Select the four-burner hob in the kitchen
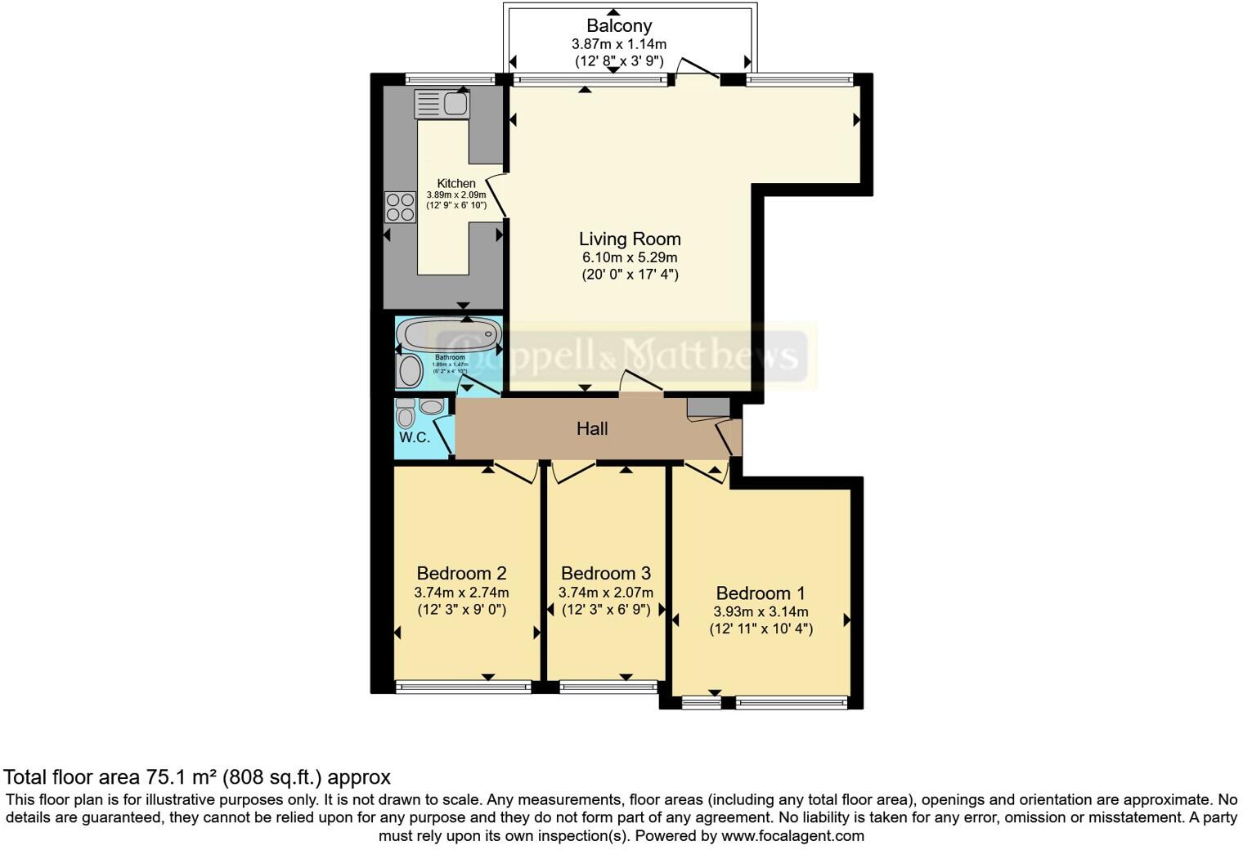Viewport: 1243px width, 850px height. pyautogui.click(x=400, y=207)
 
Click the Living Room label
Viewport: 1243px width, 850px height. pyautogui.click(x=630, y=239)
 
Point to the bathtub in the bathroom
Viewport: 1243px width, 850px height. pyautogui.click(x=449, y=334)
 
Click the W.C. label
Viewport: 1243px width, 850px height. pyautogui.click(x=415, y=437)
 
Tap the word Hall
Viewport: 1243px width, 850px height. pyautogui.click(x=592, y=428)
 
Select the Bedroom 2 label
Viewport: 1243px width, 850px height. pyautogui.click(x=461, y=573)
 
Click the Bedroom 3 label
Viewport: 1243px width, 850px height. pyautogui.click(x=606, y=573)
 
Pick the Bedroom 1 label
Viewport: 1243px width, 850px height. pyautogui.click(x=761, y=593)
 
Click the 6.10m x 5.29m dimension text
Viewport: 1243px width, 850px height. pyautogui.click(x=630, y=257)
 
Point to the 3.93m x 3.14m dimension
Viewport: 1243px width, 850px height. pyautogui.click(x=761, y=611)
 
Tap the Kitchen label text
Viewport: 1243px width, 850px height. pyautogui.click(x=456, y=183)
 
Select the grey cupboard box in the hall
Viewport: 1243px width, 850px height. pyautogui.click(x=707, y=407)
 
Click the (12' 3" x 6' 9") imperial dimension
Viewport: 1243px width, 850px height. pyautogui.click(x=606, y=609)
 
